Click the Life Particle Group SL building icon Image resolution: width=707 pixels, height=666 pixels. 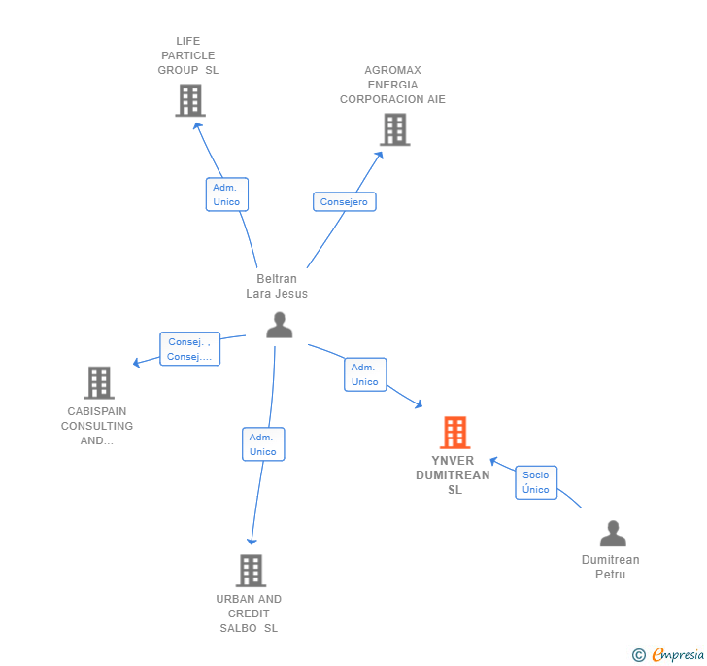coord(190,100)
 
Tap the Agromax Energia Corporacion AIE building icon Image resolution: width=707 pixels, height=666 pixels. coord(394,129)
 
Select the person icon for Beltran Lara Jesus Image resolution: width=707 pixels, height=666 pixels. coord(280,325)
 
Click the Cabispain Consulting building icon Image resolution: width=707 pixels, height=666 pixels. coord(99,383)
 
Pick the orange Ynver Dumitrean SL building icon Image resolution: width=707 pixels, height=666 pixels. coord(454,433)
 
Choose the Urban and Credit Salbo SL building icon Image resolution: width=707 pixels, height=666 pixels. coord(251,571)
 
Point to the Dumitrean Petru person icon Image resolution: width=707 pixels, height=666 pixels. coord(613,534)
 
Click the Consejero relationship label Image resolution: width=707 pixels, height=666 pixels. coord(344,201)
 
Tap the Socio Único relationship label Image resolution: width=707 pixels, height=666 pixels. coord(535,482)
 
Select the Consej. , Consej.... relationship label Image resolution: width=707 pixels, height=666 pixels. coord(189,349)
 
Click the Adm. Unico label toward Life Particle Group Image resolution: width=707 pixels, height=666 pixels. coord(226,194)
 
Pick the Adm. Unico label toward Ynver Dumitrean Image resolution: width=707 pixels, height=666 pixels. coord(365,374)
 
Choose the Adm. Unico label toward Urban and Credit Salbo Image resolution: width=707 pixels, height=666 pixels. coord(263,444)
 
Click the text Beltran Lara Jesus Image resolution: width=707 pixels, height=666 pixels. coord(277,286)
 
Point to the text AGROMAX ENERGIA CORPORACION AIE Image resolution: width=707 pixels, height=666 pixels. coord(392,85)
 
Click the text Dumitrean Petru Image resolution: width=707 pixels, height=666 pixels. coord(610,567)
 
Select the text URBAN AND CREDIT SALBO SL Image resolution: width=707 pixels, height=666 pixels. coord(249,613)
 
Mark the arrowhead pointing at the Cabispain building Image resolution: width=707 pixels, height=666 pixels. coord(137,363)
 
